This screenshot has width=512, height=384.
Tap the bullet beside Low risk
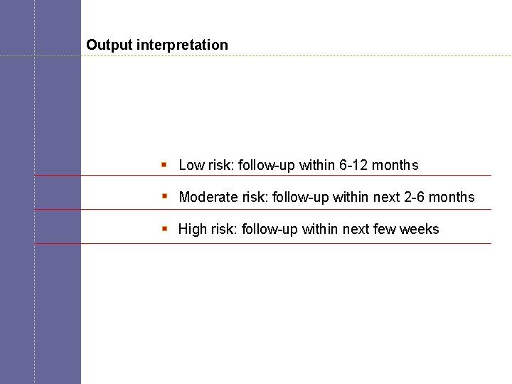(164, 164)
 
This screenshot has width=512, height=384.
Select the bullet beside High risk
(164, 228)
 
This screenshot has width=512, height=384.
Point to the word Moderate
(208, 197)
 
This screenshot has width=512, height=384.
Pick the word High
(192, 229)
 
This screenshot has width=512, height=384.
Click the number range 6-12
(353, 165)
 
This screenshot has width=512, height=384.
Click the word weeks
(420, 229)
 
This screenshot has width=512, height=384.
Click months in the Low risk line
(395, 165)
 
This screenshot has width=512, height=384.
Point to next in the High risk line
(356, 229)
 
